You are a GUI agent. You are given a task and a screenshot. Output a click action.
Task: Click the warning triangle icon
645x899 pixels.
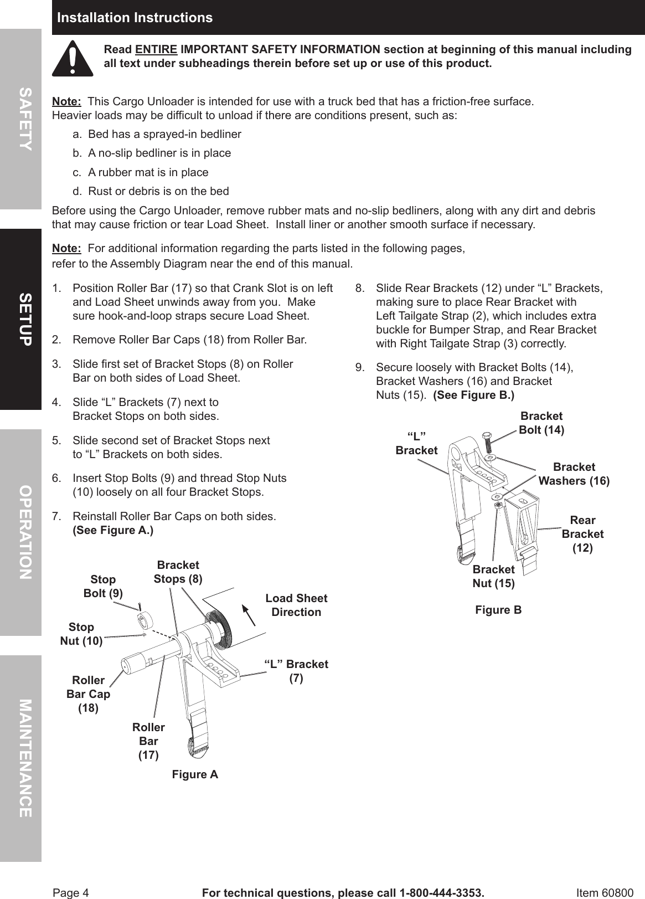tap(73, 59)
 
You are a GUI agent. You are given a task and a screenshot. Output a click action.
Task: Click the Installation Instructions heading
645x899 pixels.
tap(135, 18)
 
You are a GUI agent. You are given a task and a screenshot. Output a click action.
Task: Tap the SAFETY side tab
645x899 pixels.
tap(24, 119)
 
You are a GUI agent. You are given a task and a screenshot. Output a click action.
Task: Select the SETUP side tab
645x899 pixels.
tap(24, 320)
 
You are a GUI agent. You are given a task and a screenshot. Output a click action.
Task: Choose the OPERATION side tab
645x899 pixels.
tap(24, 532)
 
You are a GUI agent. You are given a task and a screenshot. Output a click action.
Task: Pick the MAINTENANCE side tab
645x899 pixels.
tap(24, 758)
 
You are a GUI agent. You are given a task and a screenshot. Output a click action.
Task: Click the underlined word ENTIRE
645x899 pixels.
tap(156, 49)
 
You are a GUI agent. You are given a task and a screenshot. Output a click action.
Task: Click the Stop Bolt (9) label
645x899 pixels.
tap(103, 586)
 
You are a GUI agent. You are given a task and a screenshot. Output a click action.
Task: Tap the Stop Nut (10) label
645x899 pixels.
tap(81, 634)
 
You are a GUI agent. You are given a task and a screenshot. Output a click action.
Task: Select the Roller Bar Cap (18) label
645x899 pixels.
tap(88, 694)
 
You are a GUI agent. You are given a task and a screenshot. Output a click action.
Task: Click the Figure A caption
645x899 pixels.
tap(195, 774)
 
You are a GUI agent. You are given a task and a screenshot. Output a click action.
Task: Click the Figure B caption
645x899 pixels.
tap(498, 610)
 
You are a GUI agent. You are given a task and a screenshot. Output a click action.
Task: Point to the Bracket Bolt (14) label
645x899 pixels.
tap(541, 423)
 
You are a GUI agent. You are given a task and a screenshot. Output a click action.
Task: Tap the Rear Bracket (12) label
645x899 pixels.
tap(582, 534)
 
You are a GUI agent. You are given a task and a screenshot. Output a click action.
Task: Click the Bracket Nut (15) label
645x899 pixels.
tap(493, 576)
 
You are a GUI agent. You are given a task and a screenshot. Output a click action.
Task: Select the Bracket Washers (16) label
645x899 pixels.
tap(574, 474)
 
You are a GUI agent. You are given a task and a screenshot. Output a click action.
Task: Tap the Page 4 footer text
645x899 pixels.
tap(70, 893)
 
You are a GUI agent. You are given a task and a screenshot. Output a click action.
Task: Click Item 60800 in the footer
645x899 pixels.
tap(605, 893)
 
